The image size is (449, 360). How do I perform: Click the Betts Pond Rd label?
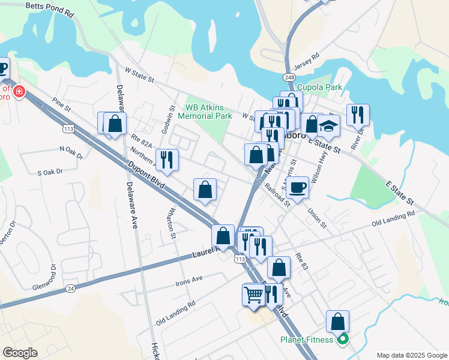[50, 9]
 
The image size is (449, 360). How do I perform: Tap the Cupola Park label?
[319, 87]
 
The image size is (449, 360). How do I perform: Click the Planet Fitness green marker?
[343, 340]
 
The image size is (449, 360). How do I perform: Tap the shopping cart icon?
[254, 295]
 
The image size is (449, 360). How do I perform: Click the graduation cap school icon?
[328, 127]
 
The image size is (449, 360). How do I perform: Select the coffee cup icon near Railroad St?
[297, 187]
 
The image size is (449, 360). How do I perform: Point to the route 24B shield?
[290, 77]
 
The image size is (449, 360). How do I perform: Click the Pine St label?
[61, 106]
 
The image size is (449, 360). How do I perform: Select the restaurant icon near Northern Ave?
[167, 160]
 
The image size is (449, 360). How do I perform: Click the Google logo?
[20, 352]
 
